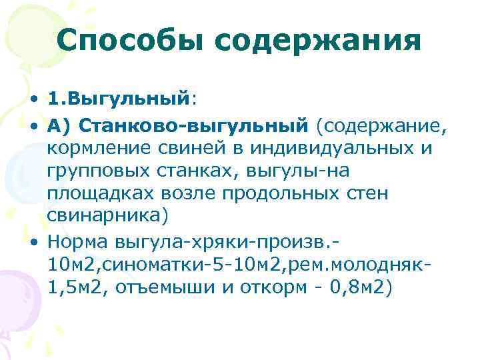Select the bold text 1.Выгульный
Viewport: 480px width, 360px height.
tap(119, 99)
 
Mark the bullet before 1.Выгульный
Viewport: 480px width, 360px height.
tap(33, 100)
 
